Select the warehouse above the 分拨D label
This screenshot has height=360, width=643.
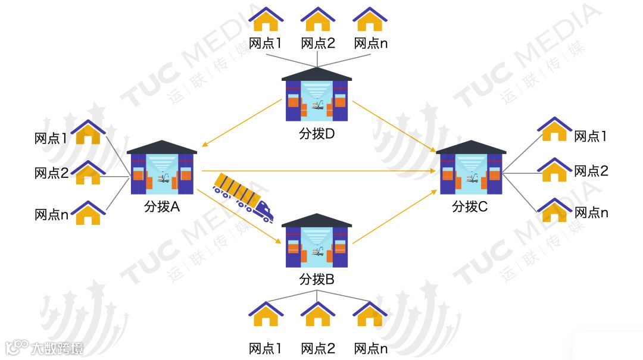[x=317, y=95]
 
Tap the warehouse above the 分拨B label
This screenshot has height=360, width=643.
[x=317, y=241]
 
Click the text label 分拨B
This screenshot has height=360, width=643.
[x=317, y=279]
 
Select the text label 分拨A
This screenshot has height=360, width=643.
[x=162, y=207]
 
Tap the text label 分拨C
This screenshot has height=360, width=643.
[x=470, y=207]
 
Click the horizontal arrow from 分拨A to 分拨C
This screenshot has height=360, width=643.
[x=316, y=171]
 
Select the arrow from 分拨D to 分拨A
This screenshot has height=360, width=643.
[x=241, y=123]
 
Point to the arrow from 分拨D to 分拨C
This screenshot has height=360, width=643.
[x=393, y=124]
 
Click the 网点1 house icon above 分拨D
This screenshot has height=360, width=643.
[x=266, y=20]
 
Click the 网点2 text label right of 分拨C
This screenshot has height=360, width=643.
[x=591, y=171]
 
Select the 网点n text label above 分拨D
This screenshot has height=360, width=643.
[x=370, y=43]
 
